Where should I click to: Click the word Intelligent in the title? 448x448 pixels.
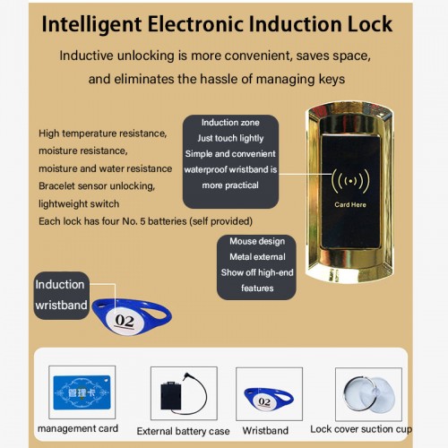[91, 24]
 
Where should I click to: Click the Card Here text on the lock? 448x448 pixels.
[350, 205]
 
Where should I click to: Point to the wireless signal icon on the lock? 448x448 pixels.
[350, 181]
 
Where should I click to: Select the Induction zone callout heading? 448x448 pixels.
[230, 123]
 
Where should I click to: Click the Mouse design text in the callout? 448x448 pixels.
[257, 241]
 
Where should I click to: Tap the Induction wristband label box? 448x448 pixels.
[61, 295]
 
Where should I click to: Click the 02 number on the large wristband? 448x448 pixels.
[125, 321]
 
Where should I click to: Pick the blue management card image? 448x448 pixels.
[82, 392]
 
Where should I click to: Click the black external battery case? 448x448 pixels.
[171, 396]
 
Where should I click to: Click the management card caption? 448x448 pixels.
[78, 428]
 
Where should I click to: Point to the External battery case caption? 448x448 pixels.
[183, 431]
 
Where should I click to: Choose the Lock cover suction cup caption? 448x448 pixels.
[361, 429]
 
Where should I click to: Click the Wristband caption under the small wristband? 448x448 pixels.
[265, 431]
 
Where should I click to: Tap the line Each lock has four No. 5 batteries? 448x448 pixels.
[145, 221]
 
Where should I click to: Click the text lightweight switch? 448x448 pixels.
[79, 204]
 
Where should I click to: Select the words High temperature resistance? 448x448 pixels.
[102, 134]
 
